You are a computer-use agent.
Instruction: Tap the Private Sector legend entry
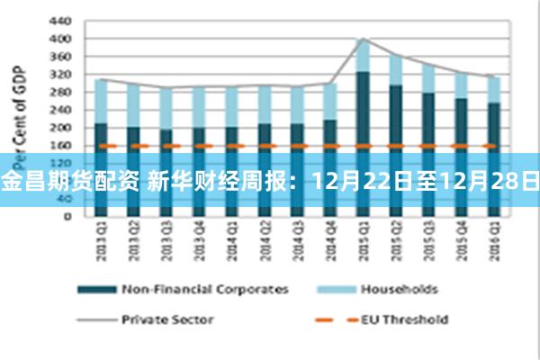[x=166, y=319]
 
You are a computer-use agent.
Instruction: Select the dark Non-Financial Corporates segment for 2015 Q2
[x=394, y=117]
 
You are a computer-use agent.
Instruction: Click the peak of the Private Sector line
[x=362, y=39]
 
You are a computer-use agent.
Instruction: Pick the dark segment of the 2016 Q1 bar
[x=492, y=126]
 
